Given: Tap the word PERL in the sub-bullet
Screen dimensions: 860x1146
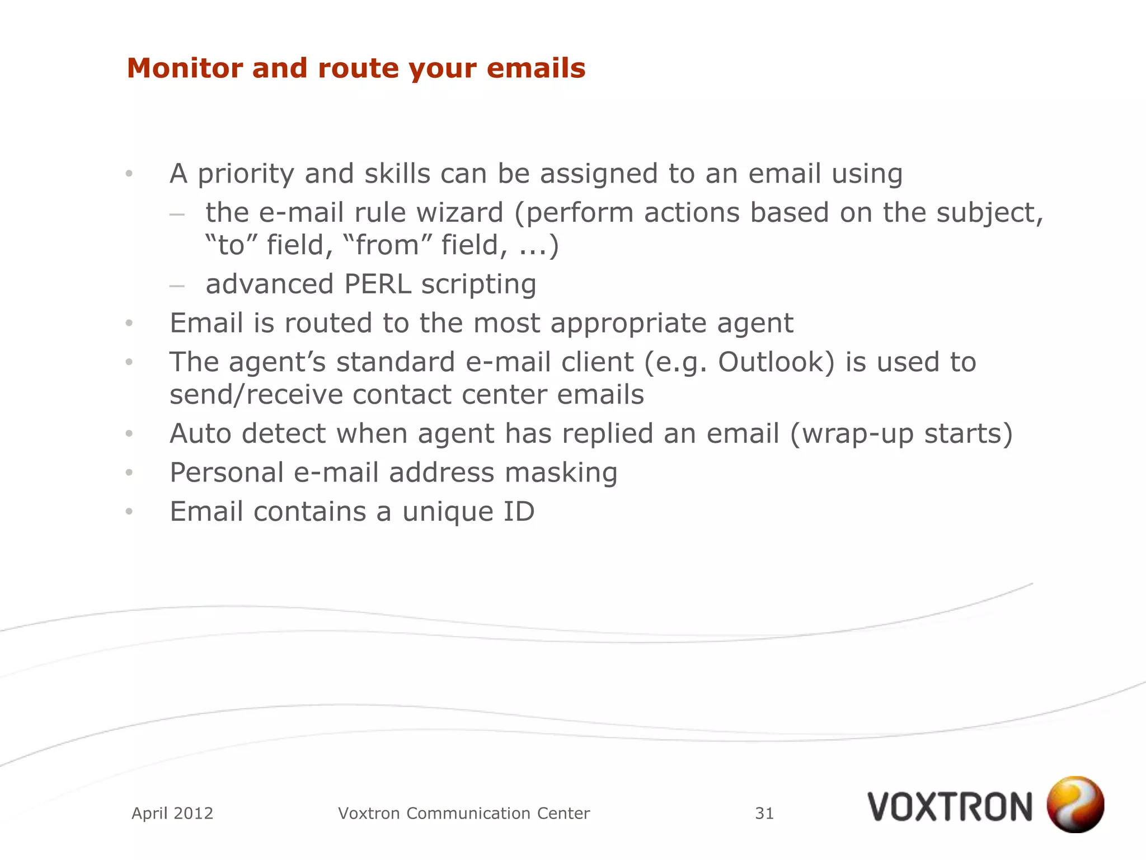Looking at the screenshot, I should pyautogui.click(x=377, y=284).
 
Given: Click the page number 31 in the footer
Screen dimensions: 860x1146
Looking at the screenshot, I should pyautogui.click(x=764, y=813).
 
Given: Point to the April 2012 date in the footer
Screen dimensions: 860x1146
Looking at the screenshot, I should pyautogui.click(x=172, y=813).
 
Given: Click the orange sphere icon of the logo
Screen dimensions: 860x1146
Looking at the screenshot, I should pyautogui.click(x=1075, y=804).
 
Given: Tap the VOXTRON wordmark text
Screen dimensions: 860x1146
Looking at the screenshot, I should pyautogui.click(x=950, y=807).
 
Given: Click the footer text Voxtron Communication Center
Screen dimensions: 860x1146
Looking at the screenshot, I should pyautogui.click(x=464, y=813).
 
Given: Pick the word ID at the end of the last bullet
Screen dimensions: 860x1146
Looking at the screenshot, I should pyautogui.click(x=519, y=511).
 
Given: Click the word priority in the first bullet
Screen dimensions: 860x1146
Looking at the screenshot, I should pyautogui.click(x=246, y=174).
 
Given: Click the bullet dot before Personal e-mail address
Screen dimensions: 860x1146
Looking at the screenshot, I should pyautogui.click(x=129, y=473).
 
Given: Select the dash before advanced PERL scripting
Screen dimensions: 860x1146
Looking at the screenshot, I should pyautogui.click(x=177, y=286).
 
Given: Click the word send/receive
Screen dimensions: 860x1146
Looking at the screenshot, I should pyautogui.click(x=256, y=395).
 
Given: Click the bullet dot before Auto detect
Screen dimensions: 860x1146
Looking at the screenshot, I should pyautogui.click(x=129, y=434).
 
